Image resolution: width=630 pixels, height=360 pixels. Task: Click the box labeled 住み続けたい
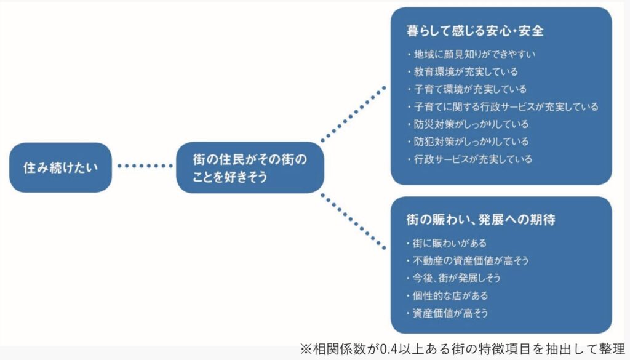pyautogui.click(x=60, y=167)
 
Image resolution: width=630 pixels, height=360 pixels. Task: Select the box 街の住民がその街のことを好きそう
pyautogui.click(x=250, y=167)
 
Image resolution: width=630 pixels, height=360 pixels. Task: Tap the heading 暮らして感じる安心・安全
pyautogui.click(x=475, y=31)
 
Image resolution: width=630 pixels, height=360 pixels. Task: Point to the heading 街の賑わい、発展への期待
pyautogui.click(x=481, y=220)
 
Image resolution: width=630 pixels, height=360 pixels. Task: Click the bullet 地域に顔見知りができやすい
pyautogui.click(x=471, y=54)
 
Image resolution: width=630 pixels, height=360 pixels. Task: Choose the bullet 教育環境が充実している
pyautogui.click(x=463, y=72)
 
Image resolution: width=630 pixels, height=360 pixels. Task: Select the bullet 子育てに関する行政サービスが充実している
pyautogui.click(x=503, y=107)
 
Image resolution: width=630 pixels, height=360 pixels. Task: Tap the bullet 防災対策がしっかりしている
pyautogui.click(x=468, y=124)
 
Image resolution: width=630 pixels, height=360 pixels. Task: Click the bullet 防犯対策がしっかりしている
pyautogui.click(x=468, y=142)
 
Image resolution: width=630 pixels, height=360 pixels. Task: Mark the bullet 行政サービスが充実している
pyautogui.click(x=469, y=159)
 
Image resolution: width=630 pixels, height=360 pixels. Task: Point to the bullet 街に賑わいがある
pyautogui.click(x=447, y=244)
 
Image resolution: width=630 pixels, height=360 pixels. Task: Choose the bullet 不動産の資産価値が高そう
pyautogui.click(x=468, y=261)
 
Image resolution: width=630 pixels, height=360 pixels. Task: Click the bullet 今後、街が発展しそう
pyautogui.click(x=453, y=278)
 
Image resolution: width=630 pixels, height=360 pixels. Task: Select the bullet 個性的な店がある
pyautogui.click(x=447, y=296)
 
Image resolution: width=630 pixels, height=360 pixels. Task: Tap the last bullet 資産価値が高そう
pyautogui.click(x=447, y=313)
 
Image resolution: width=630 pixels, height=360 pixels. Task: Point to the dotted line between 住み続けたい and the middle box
pyautogui.click(x=145, y=166)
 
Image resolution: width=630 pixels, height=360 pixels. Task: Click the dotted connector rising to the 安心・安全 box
pyautogui.click(x=354, y=114)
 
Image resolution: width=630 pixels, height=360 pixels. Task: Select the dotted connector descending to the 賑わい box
pyautogui.click(x=354, y=222)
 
